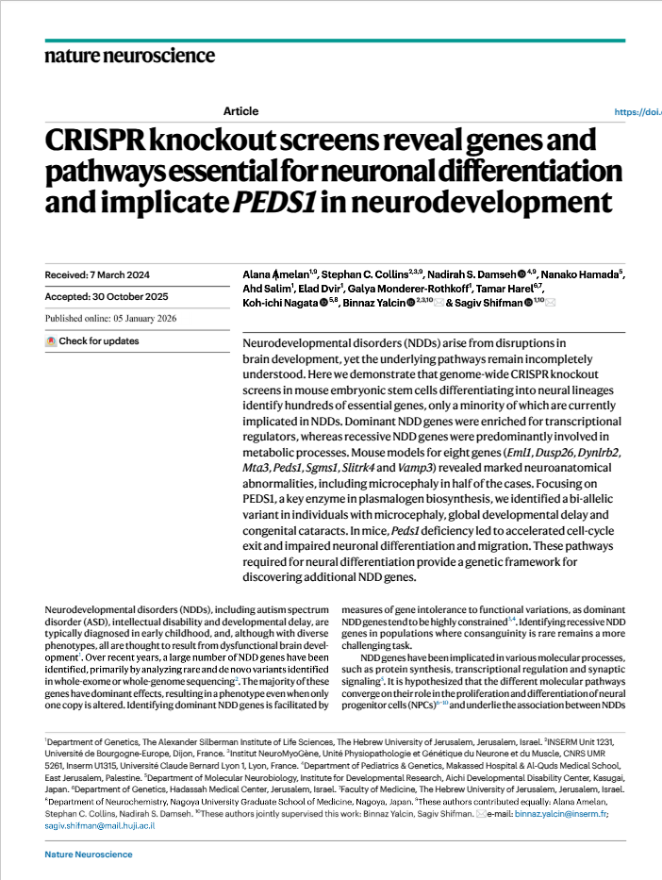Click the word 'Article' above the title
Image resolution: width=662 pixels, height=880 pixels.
tap(241, 111)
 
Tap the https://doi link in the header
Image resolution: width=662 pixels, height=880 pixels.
tap(637, 111)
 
